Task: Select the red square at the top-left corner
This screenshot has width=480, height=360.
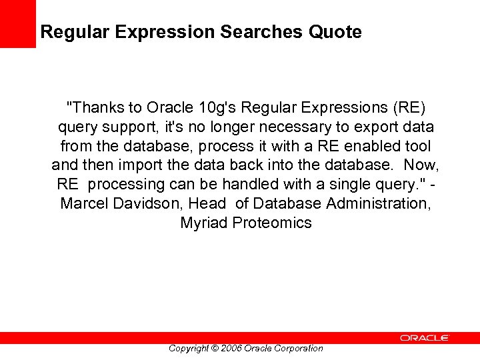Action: pyautogui.click(x=17, y=23)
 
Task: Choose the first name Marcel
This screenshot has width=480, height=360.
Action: pyautogui.click(x=85, y=203)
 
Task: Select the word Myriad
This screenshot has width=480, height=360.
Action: pyautogui.click(x=204, y=223)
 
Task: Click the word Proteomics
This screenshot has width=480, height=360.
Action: pyautogui.click(x=272, y=223)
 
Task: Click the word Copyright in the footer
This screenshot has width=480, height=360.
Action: pyautogui.click(x=189, y=348)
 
